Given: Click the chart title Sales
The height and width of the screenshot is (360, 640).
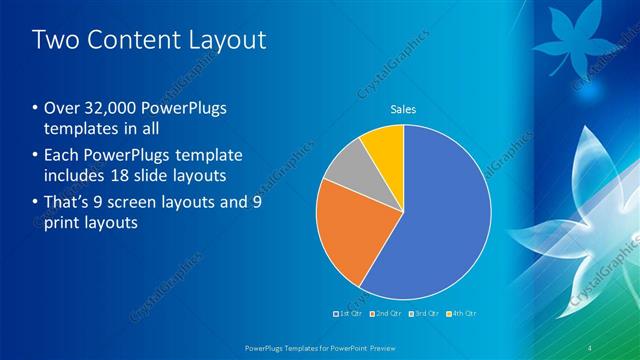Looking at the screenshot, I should (x=403, y=109).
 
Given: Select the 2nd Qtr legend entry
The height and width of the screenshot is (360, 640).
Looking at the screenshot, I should (x=387, y=314).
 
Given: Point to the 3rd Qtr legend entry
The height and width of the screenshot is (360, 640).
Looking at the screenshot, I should (x=425, y=314).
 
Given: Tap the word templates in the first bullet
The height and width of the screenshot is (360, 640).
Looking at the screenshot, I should (x=82, y=130).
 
